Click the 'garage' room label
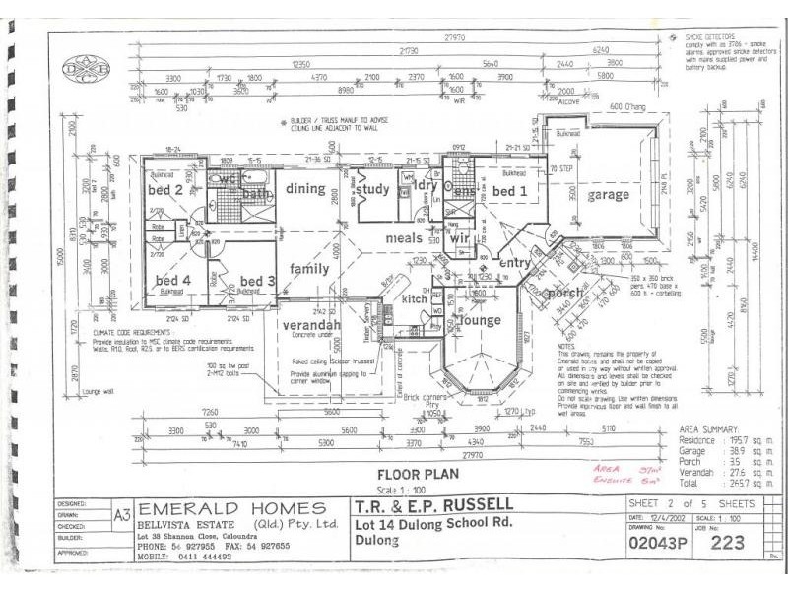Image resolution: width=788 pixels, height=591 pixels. (609, 195)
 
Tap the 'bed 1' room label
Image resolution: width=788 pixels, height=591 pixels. (511, 190)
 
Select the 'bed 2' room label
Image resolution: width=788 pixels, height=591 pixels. (165, 189)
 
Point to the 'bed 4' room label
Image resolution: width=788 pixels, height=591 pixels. (171, 281)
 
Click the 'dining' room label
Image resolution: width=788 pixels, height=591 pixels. (305, 188)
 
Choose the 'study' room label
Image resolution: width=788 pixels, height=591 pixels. (373, 190)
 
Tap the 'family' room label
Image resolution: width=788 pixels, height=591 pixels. (308, 268)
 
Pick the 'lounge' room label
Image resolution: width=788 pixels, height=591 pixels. (483, 321)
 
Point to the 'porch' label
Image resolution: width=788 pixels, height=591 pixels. (565, 292)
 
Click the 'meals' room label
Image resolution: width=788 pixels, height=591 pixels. (404, 237)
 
